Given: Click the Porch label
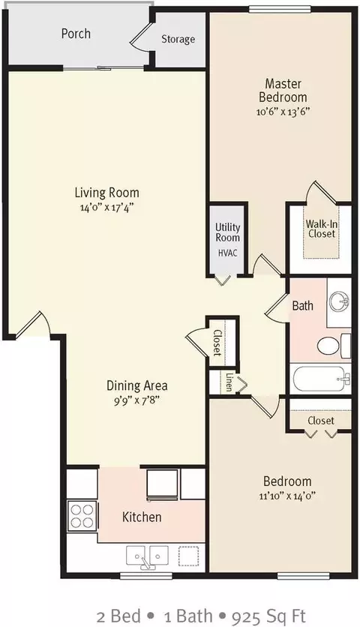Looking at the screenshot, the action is pyautogui.click(x=76, y=34).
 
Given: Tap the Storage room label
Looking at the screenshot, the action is pyautogui.click(x=178, y=39).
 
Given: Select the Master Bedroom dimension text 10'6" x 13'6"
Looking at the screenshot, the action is pyautogui.click(x=283, y=111).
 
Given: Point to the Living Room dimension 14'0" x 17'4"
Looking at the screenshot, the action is pyautogui.click(x=106, y=208).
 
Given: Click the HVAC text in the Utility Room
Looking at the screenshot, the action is pyautogui.click(x=227, y=253).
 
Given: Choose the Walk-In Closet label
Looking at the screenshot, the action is pyautogui.click(x=321, y=229).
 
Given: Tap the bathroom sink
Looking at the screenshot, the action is pyautogui.click(x=340, y=301).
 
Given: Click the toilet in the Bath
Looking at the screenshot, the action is pyautogui.click(x=334, y=345).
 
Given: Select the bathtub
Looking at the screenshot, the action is pyautogui.click(x=321, y=379).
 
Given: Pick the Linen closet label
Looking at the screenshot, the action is pyautogui.click(x=229, y=382).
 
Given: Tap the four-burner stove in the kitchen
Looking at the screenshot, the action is pyautogui.click(x=82, y=516).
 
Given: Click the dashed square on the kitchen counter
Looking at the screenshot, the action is pyautogui.click(x=188, y=556).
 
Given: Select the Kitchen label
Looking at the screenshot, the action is pyautogui.click(x=142, y=517).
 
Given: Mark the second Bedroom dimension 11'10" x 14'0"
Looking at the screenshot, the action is pyautogui.click(x=287, y=496).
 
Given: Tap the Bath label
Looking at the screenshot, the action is pyautogui.click(x=303, y=306).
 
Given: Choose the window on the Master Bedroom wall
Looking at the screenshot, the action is pyautogui.click(x=280, y=9).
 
